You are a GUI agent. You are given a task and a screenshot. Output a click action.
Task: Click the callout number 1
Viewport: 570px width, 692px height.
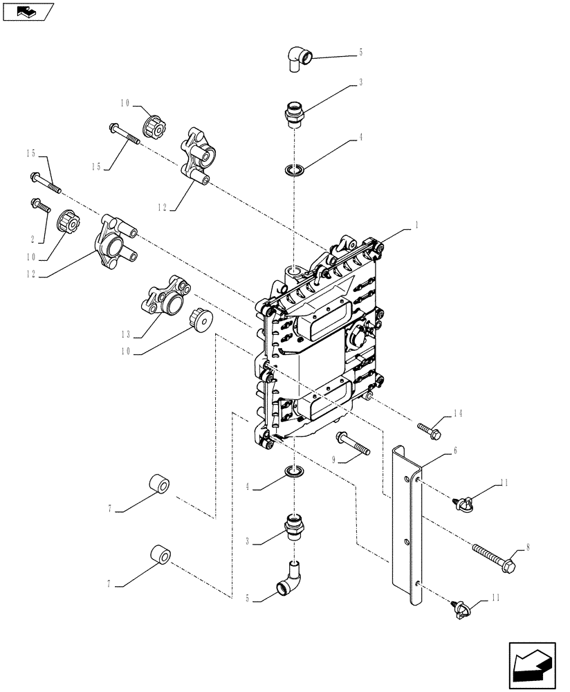(417, 225)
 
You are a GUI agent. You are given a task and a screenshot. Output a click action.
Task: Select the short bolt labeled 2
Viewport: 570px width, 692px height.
(39, 206)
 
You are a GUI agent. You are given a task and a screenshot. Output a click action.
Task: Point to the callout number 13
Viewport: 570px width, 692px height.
(127, 336)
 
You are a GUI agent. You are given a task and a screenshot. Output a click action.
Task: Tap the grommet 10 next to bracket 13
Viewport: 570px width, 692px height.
(199, 320)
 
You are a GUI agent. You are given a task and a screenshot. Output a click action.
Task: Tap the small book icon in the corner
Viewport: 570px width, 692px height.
(27, 10)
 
